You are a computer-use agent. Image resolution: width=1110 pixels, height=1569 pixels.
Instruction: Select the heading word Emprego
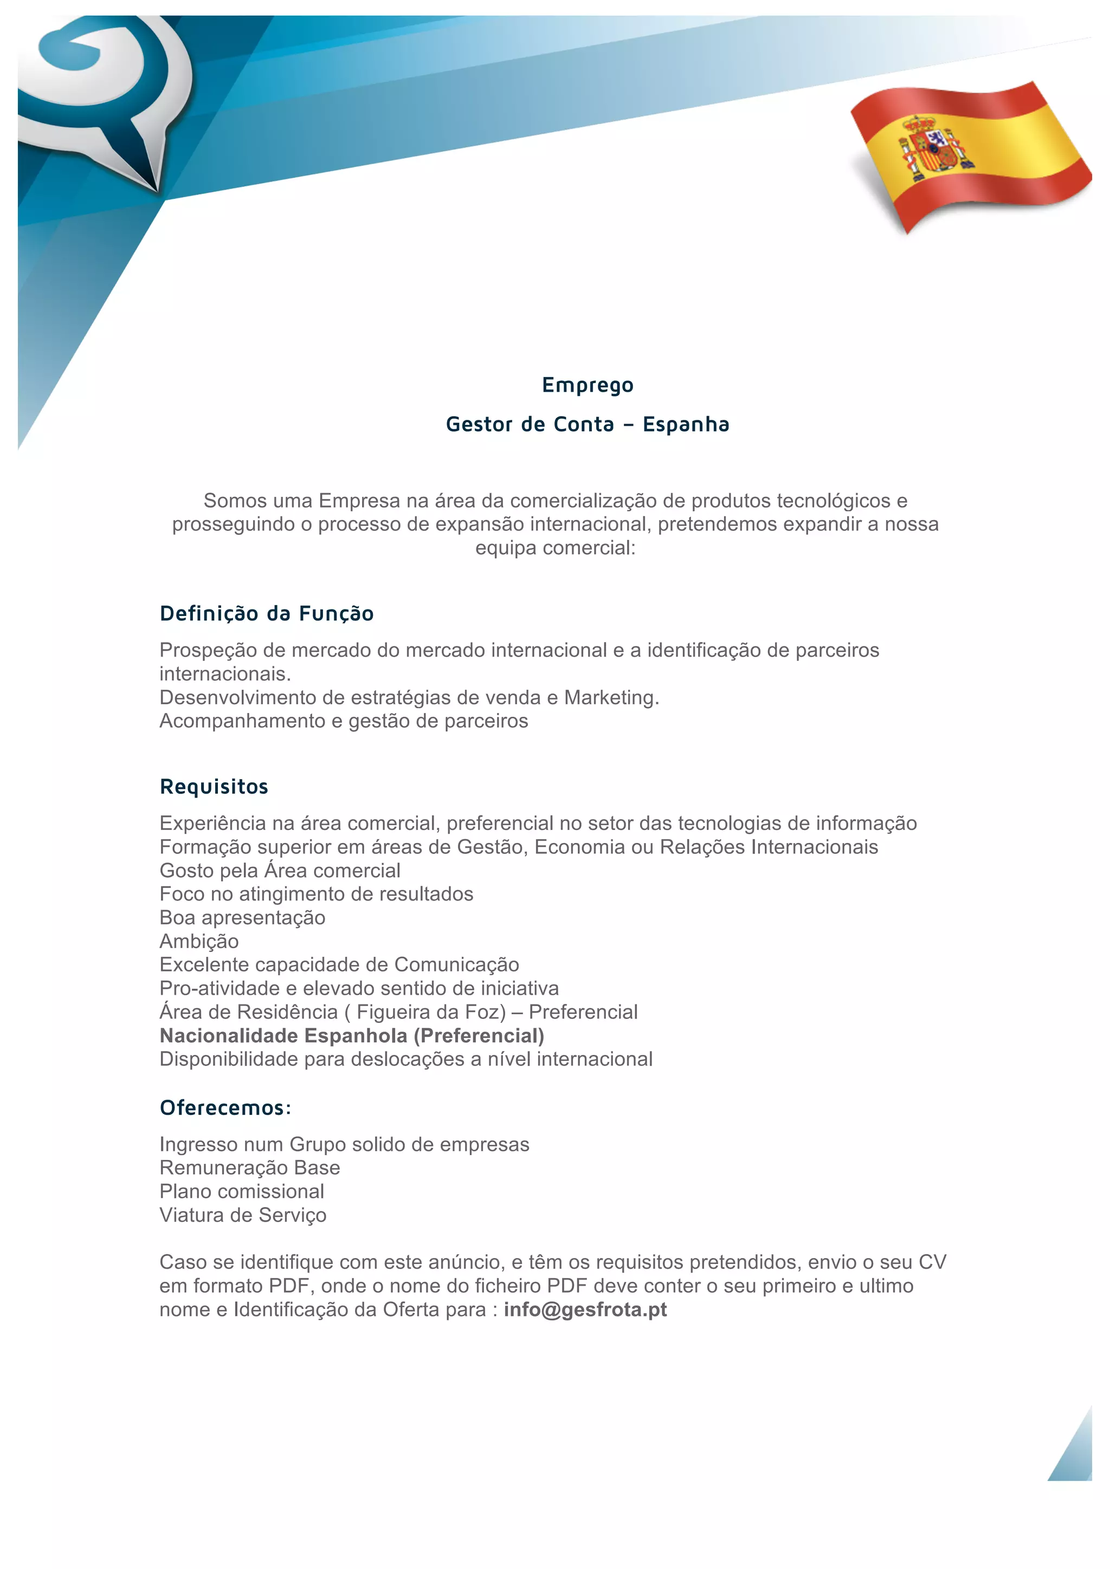point(587,385)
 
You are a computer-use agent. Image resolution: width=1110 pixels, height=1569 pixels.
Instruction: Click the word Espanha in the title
point(686,424)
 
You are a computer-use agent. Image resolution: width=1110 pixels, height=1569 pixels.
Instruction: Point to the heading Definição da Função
point(267,613)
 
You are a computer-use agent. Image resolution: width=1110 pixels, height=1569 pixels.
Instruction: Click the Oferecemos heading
point(225,1108)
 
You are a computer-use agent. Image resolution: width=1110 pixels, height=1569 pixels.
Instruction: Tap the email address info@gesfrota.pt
point(585,1309)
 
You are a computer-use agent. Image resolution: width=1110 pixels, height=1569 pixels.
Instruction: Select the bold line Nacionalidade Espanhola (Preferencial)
point(352,1035)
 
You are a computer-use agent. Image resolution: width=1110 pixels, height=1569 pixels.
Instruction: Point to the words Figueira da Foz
point(430,1012)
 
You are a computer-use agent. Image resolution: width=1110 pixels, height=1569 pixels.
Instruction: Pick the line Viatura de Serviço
point(243,1215)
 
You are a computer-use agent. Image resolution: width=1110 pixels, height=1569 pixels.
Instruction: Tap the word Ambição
point(199,942)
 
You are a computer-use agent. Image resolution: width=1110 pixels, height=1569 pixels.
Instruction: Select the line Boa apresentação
point(242,918)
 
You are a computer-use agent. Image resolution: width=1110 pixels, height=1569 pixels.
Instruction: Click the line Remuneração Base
point(249,1168)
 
